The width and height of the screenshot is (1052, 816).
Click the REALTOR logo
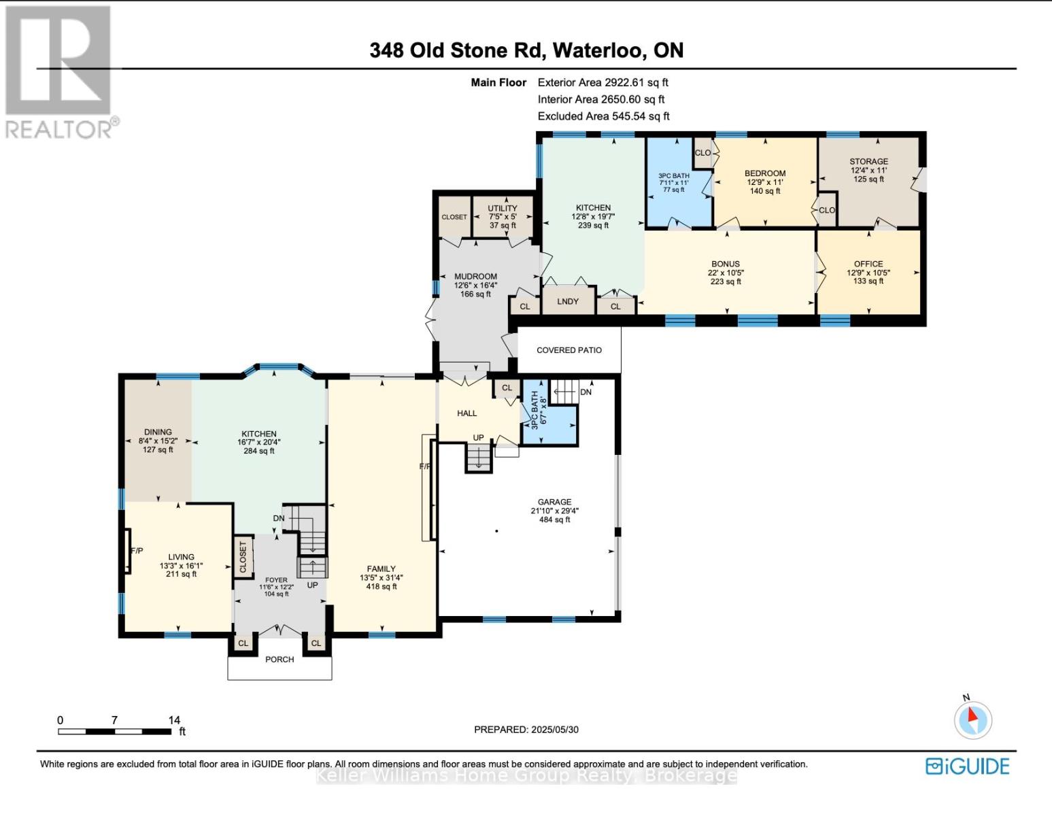pyautogui.click(x=58, y=71)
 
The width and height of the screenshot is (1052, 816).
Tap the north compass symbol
pyautogui.click(x=972, y=719)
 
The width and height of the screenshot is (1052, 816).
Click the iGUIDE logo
pyautogui.click(x=967, y=766)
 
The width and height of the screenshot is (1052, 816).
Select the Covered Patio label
pyautogui.click(x=569, y=350)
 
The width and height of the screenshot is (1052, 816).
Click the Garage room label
pyautogui.click(x=554, y=503)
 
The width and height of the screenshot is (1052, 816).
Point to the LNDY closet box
pyautogui.click(x=567, y=301)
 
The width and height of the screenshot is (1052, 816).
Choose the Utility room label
pyautogui.click(x=502, y=209)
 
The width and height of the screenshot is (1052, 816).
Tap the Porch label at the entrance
pyautogui.click(x=279, y=660)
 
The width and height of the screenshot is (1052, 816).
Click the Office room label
pyautogui.click(x=868, y=264)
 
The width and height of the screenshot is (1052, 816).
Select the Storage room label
pyautogui.click(x=868, y=162)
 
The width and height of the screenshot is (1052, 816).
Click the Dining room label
pyautogui.click(x=158, y=432)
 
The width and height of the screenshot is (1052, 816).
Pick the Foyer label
pyautogui.click(x=276, y=580)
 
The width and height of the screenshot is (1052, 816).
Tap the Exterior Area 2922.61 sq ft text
pyautogui.click(x=603, y=82)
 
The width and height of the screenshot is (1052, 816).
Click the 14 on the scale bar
pyautogui.click(x=174, y=720)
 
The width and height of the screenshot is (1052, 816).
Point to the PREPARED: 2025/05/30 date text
pyautogui.click(x=526, y=730)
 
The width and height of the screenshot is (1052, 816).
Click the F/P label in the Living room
pyautogui.click(x=137, y=551)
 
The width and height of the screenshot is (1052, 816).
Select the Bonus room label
pyautogui.click(x=725, y=264)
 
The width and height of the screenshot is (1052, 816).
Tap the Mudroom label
pyautogui.click(x=475, y=277)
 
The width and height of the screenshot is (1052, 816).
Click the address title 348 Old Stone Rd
pyautogui.click(x=526, y=50)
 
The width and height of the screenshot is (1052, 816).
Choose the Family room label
pyautogui.click(x=381, y=569)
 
